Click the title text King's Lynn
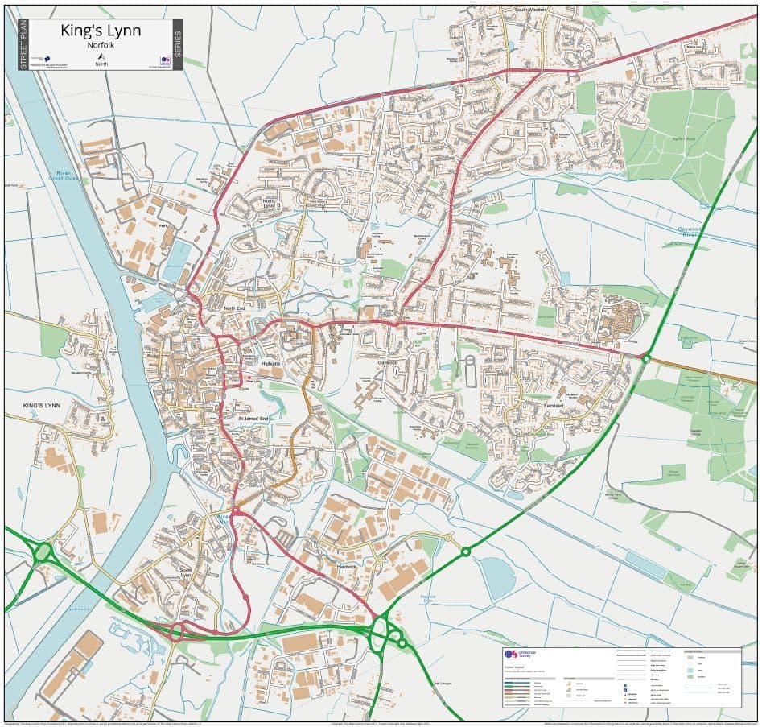(101, 31)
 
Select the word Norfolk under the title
(101, 46)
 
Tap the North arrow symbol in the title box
(101, 56)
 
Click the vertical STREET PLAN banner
(23, 44)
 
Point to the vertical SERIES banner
(178, 44)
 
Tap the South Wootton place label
(530, 10)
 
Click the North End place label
(234, 308)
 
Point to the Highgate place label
(271, 364)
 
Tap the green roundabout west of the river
(42, 554)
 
